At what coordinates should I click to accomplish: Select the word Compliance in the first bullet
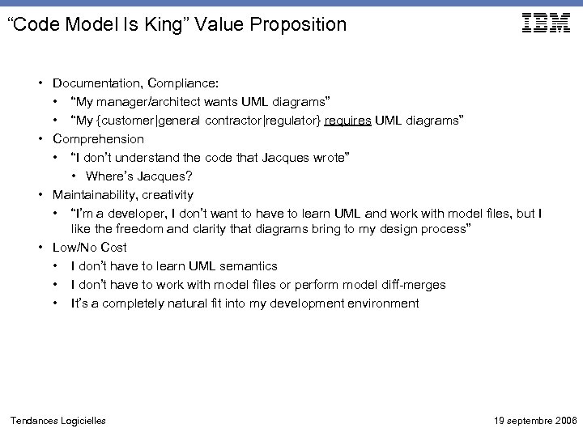click(189, 83)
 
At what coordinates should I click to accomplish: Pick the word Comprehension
click(98, 138)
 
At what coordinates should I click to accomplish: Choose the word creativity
click(168, 194)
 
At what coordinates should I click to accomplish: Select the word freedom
click(138, 230)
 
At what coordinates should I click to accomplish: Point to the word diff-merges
click(412, 285)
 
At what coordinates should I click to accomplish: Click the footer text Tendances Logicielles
click(57, 420)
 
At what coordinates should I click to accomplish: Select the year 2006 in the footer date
click(562, 420)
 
